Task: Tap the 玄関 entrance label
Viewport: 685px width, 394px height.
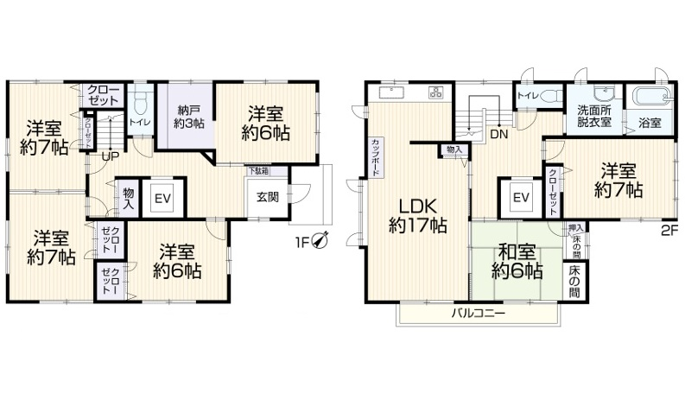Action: click(267, 196)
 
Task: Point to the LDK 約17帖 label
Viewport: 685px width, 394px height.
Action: click(417, 215)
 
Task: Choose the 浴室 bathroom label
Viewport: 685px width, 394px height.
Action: click(650, 124)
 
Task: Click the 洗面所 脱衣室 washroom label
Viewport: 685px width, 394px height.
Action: click(594, 117)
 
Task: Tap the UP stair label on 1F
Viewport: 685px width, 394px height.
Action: click(110, 156)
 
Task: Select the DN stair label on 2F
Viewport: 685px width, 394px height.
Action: click(499, 135)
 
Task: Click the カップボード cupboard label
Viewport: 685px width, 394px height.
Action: click(376, 158)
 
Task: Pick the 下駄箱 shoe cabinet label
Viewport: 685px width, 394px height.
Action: click(257, 170)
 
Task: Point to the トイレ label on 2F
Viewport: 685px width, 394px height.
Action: click(526, 97)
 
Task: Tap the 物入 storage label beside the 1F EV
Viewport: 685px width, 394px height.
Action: click(128, 198)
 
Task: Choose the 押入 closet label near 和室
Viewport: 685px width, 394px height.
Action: click(575, 229)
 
